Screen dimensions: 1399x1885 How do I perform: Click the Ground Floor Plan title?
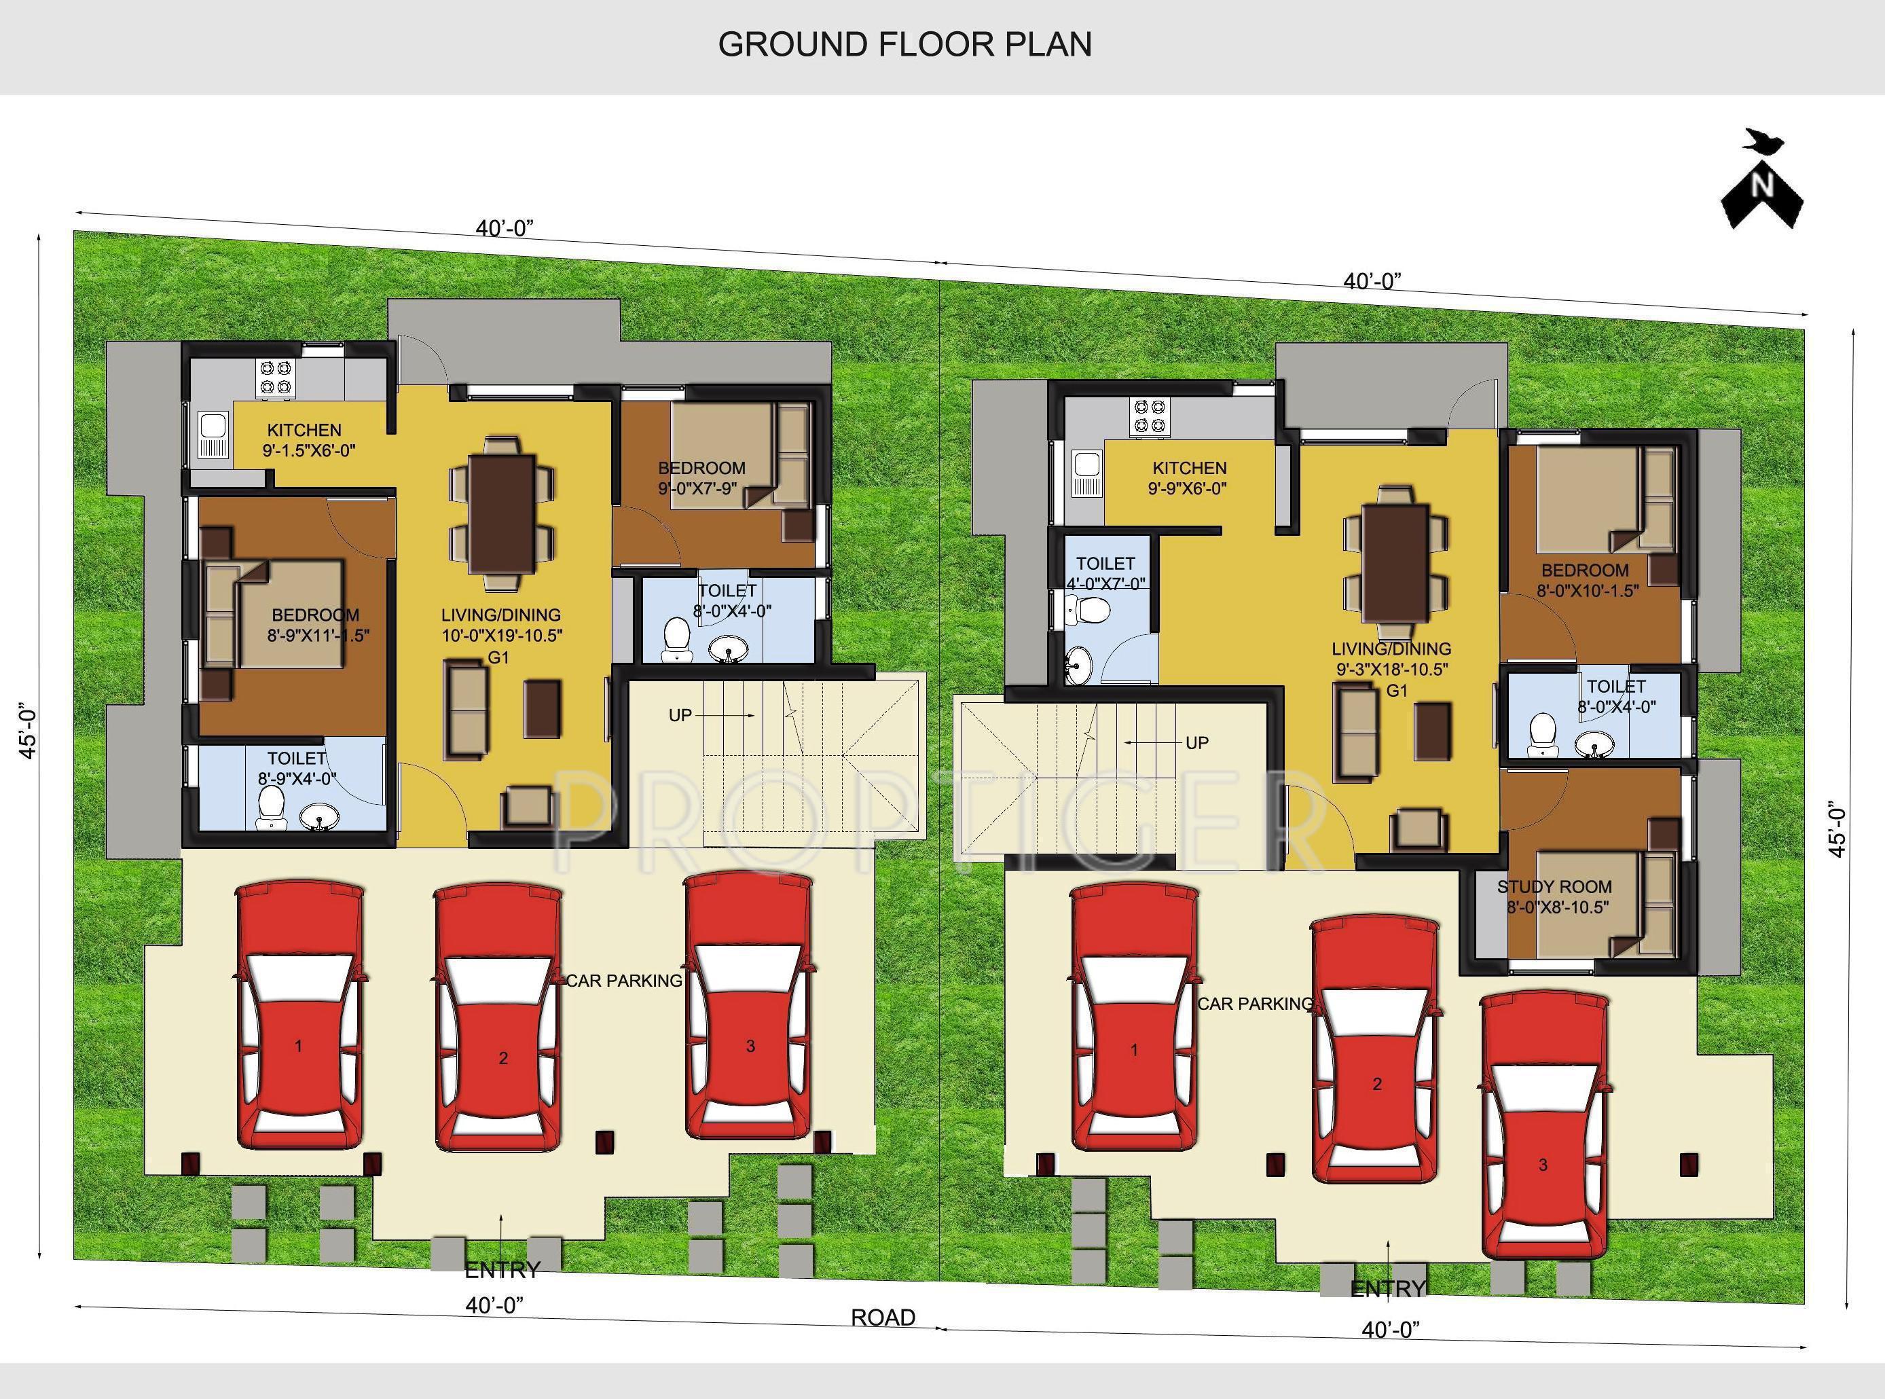(904, 44)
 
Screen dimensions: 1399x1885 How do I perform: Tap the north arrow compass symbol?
(1762, 199)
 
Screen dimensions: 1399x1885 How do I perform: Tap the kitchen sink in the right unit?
(1085, 476)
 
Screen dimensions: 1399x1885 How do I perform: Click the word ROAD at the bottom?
(882, 1318)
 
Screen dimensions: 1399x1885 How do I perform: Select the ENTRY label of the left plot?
(502, 1270)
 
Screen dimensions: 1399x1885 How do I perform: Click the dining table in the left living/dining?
(503, 513)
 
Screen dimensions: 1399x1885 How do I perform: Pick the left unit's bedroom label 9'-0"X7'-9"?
(701, 477)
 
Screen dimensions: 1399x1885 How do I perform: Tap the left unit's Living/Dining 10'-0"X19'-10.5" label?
(501, 625)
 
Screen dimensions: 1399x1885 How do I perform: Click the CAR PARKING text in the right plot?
(1255, 1004)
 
